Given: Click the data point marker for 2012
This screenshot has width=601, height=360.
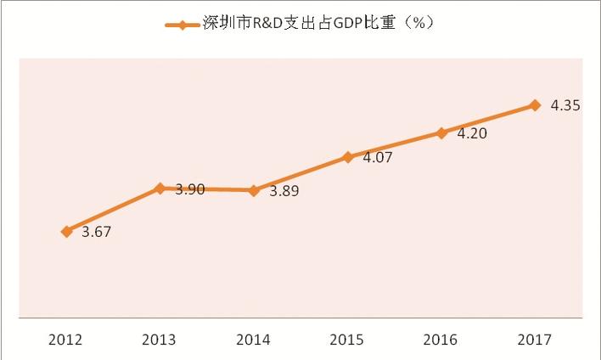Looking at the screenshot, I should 66,231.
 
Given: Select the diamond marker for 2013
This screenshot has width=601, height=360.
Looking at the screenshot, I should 160,188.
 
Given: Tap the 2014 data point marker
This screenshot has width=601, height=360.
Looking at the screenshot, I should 253,190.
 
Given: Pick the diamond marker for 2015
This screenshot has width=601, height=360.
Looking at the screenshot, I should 347,157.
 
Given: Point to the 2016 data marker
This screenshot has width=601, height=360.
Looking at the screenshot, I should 441,132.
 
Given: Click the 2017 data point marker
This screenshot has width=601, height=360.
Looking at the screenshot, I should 534,105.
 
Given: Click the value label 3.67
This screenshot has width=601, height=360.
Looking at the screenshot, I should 96,232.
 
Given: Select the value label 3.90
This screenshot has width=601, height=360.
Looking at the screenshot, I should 189,189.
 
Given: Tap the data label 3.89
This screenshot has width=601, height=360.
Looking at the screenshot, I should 284,192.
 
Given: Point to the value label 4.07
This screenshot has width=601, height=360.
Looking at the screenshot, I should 377,158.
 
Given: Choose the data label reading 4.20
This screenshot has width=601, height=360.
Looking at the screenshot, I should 470,133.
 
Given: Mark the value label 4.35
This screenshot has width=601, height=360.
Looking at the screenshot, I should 564,106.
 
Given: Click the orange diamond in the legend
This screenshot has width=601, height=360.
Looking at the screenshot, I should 183,25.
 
